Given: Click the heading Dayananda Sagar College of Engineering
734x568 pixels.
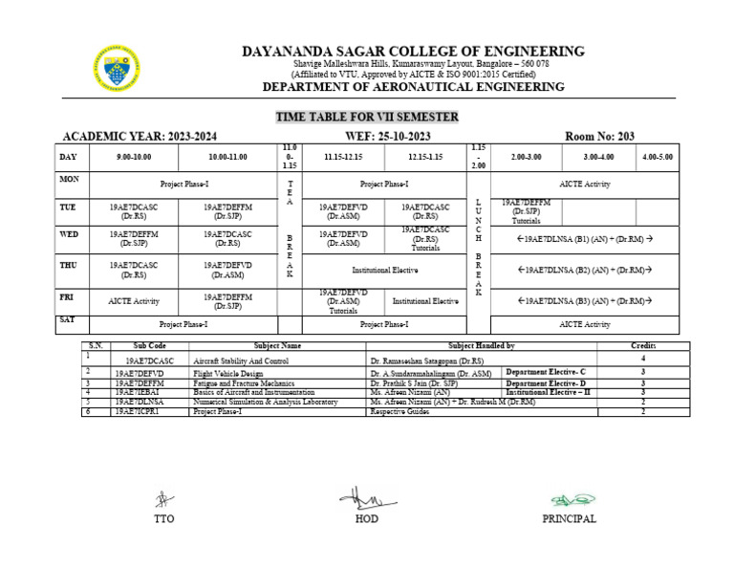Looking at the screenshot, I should pyautogui.click(x=413, y=51).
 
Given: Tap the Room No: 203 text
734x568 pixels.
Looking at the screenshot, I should pyautogui.click(x=599, y=137).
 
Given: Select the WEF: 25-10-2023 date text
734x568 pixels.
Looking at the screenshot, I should pyautogui.click(x=368, y=137).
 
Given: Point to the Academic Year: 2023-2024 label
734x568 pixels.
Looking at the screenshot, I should pyautogui.click(x=139, y=137).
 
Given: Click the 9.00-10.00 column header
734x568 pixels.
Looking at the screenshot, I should pyautogui.click(x=134, y=156).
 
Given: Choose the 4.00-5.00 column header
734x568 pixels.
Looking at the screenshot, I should pyautogui.click(x=657, y=156).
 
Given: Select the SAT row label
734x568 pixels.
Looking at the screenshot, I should pyautogui.click(x=67, y=319).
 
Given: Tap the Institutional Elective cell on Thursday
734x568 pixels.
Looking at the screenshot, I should pyautogui.click(x=384, y=271).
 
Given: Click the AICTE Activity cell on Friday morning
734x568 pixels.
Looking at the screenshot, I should pyautogui.click(x=134, y=301).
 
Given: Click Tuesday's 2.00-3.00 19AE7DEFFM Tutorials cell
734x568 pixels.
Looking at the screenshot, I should pyautogui.click(x=525, y=210).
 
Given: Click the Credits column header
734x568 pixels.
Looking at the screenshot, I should pyautogui.click(x=642, y=345).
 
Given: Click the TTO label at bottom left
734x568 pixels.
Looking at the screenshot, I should pyautogui.click(x=163, y=519).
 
